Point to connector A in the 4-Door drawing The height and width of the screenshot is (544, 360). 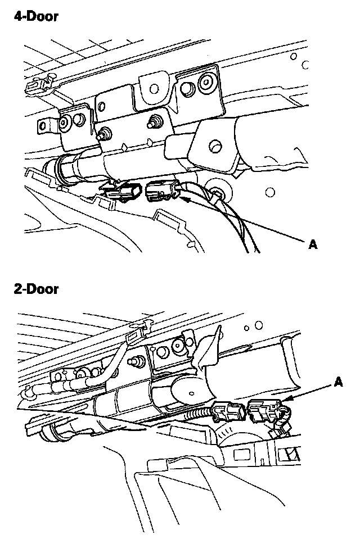click(x=161, y=193)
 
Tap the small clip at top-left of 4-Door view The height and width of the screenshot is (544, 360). click(x=35, y=85)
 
